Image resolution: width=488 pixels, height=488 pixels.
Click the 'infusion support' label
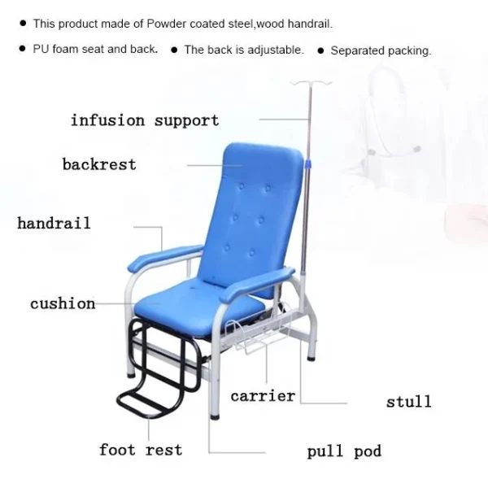145,120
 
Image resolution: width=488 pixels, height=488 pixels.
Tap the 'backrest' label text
99,164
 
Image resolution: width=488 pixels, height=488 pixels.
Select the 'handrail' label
54,223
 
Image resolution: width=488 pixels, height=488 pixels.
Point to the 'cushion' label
63,303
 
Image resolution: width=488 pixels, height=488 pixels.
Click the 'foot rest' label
141,450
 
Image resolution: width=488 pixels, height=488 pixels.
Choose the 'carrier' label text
263,396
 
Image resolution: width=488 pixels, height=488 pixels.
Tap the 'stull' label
409,401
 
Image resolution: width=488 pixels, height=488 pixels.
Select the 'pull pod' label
344,451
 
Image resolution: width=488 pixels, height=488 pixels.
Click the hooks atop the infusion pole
311,83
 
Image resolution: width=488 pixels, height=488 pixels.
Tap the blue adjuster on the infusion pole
308,164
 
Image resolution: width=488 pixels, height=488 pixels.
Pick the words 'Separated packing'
381,50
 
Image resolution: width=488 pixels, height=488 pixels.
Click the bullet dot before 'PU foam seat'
22,49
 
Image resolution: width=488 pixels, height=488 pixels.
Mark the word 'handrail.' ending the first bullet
310,24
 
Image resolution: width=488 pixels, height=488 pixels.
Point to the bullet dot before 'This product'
23,23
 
